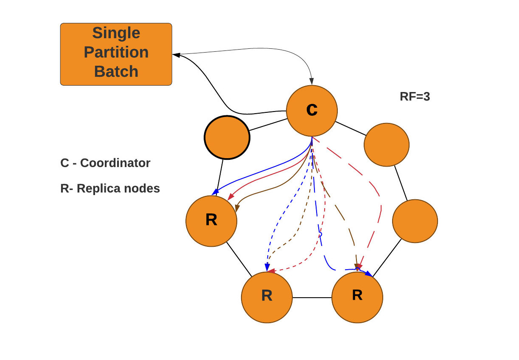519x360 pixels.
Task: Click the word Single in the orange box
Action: tap(116, 33)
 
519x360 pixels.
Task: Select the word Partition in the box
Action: tap(116, 52)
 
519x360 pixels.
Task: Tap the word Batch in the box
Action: tap(116, 71)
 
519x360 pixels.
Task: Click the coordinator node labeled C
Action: tap(312, 111)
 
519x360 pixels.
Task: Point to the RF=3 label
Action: tap(415, 97)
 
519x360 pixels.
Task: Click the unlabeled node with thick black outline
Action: tap(227, 137)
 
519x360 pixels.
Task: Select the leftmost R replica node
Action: tap(211, 220)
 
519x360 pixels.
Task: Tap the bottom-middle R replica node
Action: tap(267, 297)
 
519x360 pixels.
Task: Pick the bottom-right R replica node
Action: tap(357, 297)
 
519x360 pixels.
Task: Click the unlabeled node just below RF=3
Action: tap(386, 145)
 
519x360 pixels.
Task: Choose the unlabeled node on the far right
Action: tap(415, 221)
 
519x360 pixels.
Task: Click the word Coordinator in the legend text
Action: tap(115, 163)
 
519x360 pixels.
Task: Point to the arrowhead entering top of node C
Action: tap(312, 81)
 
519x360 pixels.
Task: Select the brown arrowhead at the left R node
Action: tap(237, 208)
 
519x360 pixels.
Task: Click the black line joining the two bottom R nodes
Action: tap(312, 298)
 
